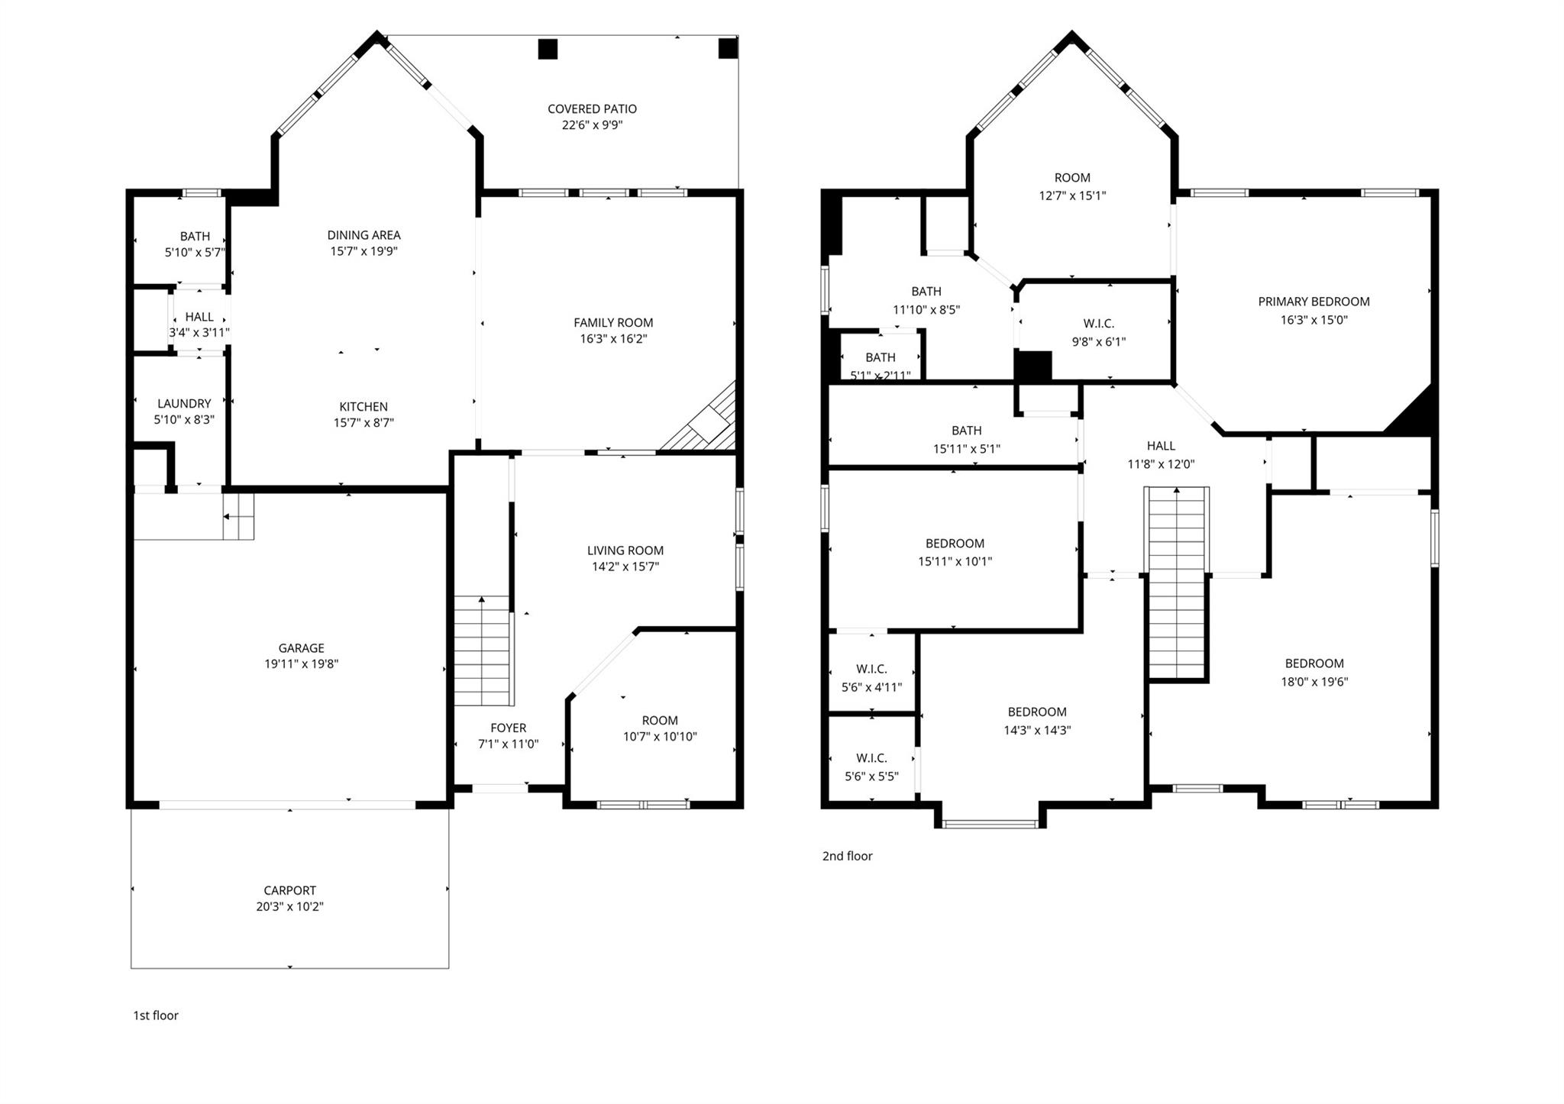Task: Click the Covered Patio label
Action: tap(592, 109)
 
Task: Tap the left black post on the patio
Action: tap(548, 49)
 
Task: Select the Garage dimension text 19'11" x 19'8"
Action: tap(301, 664)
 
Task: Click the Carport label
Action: tap(289, 890)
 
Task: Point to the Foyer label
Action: tap(508, 728)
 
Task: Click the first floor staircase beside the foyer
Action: tap(482, 650)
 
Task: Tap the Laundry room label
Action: tap(184, 403)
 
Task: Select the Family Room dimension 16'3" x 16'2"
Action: tap(613, 339)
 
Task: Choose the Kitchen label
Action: tap(364, 407)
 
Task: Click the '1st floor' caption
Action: tap(156, 1015)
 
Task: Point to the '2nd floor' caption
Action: tap(847, 856)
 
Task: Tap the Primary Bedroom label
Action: tap(1314, 302)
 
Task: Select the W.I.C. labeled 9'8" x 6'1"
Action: tap(1098, 332)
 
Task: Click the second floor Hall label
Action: tap(1161, 446)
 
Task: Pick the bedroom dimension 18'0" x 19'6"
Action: tap(1314, 682)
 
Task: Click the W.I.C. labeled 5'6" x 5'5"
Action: tap(871, 767)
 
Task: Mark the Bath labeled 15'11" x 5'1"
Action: tap(966, 439)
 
